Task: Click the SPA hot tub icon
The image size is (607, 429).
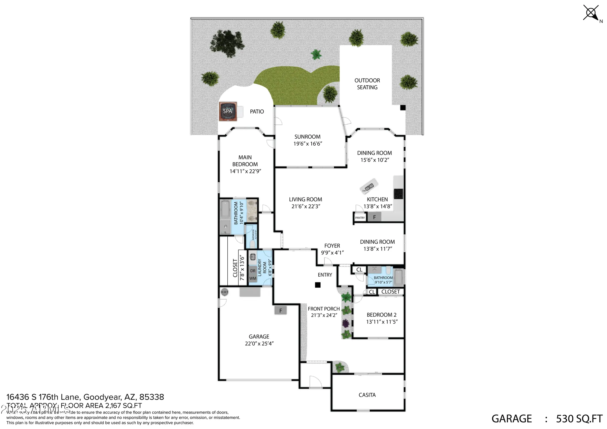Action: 227,111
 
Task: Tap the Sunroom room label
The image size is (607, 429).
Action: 307,137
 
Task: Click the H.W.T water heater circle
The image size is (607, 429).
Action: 225,292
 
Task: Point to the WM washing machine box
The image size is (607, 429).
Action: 253,278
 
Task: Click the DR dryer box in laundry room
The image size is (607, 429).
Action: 253,271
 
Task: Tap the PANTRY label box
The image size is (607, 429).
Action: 360,218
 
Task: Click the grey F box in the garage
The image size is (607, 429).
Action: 280,310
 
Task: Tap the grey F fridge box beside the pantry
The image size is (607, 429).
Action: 374,217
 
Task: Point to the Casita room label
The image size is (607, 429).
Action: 367,395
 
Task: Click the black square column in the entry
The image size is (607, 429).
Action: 317,285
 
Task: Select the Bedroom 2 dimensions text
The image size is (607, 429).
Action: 381,322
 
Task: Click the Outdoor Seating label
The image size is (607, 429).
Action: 367,84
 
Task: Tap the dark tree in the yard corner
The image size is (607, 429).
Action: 227,43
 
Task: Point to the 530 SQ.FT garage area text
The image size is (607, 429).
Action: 579,419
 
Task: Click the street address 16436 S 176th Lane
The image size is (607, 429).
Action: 85,397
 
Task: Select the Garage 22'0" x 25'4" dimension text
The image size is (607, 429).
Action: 259,343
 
